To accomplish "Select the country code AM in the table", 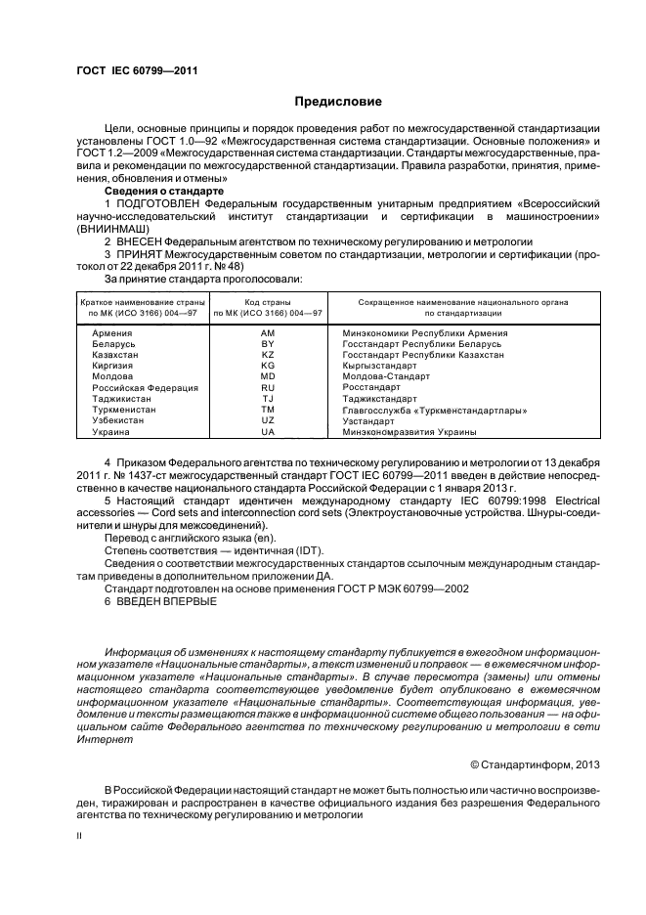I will click(268, 334).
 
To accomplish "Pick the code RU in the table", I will click(268, 388).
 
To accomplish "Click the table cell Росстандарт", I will click(369, 388).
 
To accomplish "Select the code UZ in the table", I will click(268, 420).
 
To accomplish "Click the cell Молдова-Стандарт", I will click(378, 377).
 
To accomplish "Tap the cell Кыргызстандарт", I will click(375, 367).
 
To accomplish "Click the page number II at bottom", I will click(81, 836).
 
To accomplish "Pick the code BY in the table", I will click(268, 345).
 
